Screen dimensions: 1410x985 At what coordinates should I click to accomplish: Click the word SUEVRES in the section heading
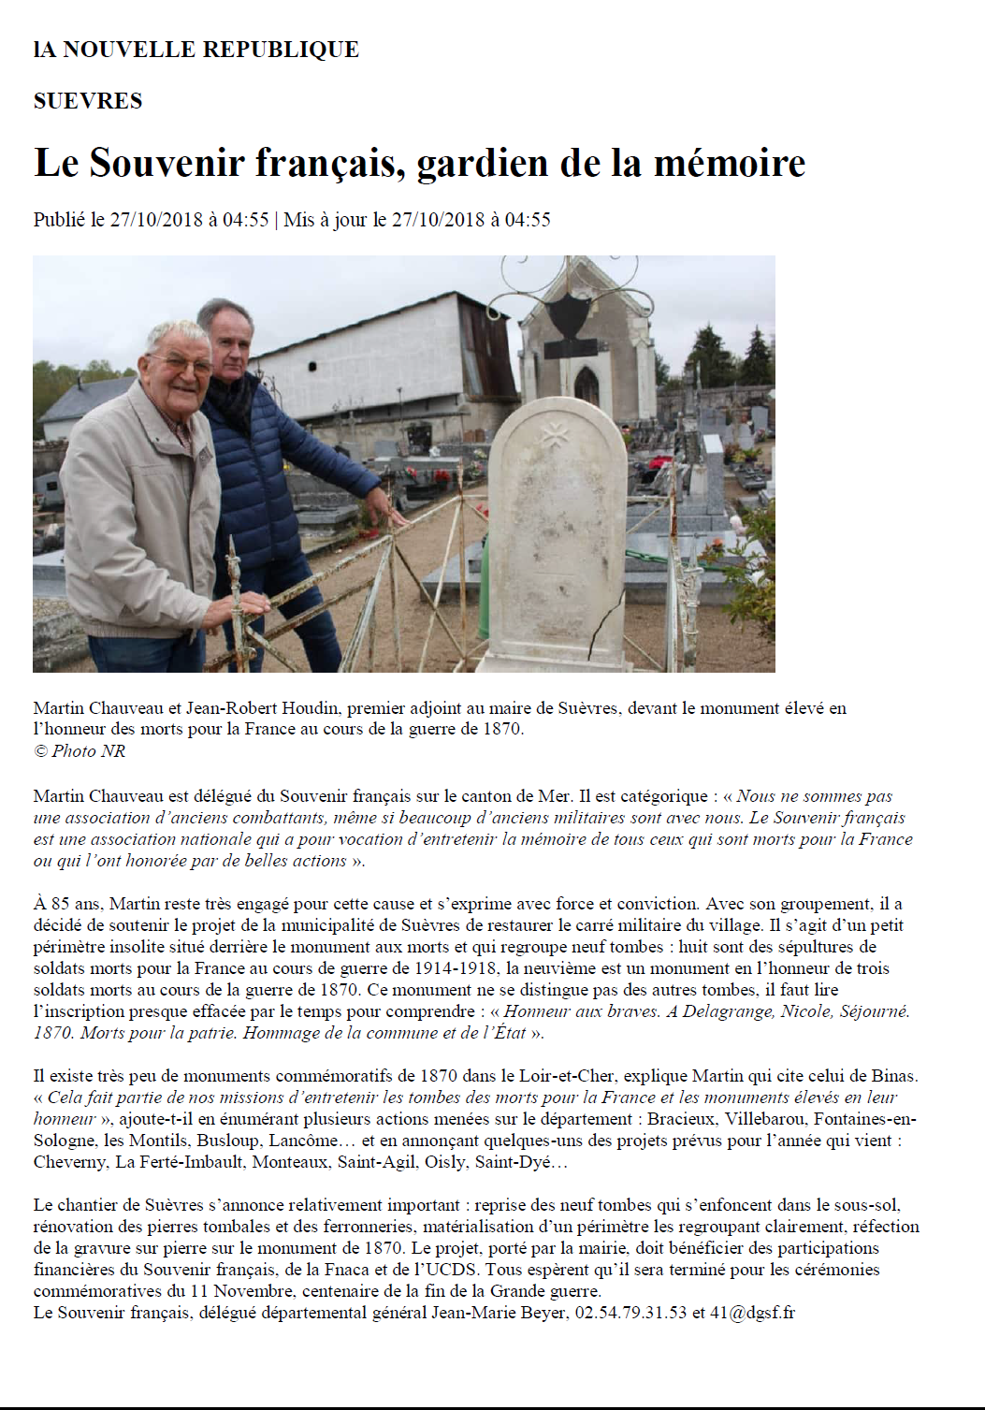pos(88,101)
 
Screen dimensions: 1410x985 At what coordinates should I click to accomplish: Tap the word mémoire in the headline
pos(729,163)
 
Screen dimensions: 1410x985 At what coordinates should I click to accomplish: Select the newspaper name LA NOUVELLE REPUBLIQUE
pos(196,50)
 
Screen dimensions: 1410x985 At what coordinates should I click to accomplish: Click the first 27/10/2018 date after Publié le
pos(156,220)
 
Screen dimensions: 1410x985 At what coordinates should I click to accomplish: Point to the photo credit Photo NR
pos(88,751)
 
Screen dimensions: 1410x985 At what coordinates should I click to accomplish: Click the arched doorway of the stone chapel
pos(587,385)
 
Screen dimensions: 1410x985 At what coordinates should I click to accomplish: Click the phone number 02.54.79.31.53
pos(630,1313)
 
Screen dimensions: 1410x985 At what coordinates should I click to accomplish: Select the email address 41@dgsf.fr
pos(752,1313)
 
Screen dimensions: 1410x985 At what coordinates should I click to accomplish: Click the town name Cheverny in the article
pos(69,1162)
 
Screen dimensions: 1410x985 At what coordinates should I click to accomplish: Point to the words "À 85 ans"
pos(67,904)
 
